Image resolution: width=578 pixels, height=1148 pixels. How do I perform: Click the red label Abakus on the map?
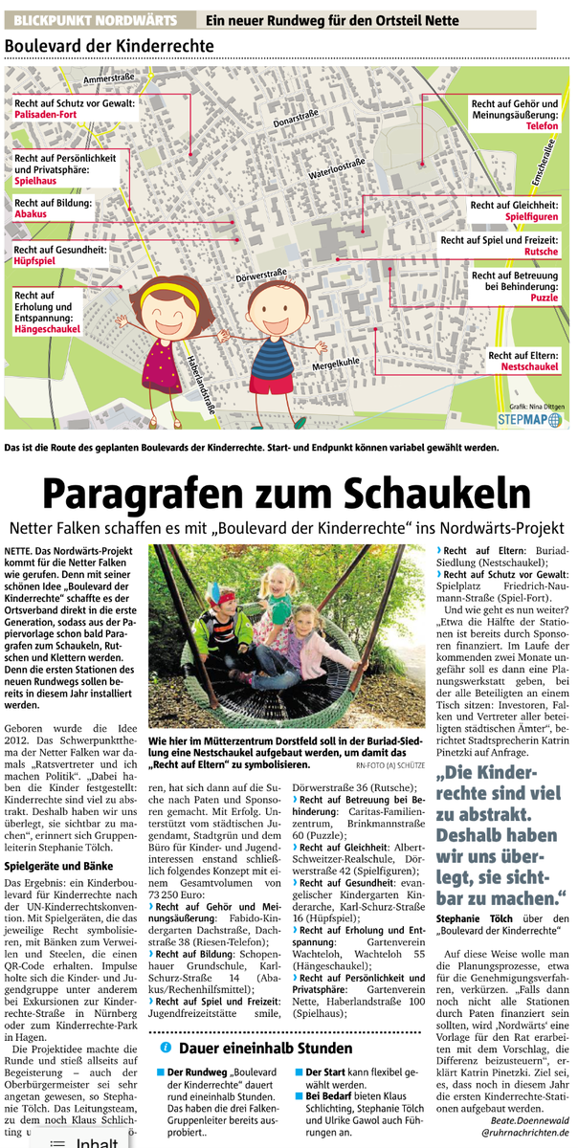[32, 215]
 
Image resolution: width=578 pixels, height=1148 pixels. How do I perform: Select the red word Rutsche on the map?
[543, 252]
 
